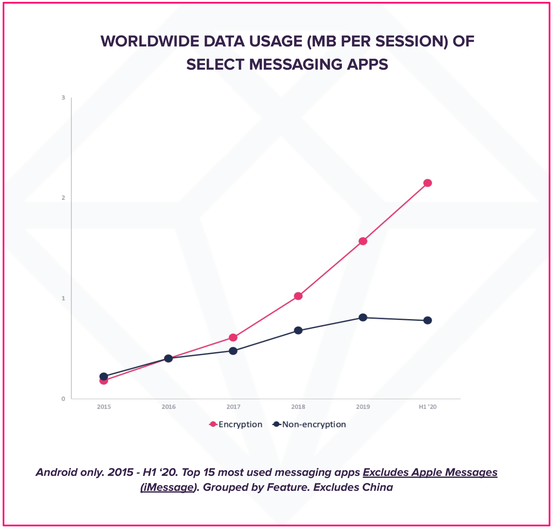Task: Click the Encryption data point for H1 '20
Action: pos(427,183)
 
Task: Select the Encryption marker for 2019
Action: pos(363,241)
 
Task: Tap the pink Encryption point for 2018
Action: pos(298,296)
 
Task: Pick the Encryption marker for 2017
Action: pos(233,337)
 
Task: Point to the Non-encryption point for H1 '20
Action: pos(427,320)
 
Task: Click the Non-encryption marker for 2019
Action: pos(363,318)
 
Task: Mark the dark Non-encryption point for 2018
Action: pos(298,330)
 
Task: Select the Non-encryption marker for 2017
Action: pos(233,351)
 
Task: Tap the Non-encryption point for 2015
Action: pos(104,377)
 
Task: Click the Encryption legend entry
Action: pos(236,425)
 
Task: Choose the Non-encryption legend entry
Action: pos(309,425)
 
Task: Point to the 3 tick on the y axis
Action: pos(63,98)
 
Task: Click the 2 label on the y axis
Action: pos(63,198)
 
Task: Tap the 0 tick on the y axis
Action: pos(63,399)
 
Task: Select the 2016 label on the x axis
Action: pos(169,407)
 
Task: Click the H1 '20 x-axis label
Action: pos(427,407)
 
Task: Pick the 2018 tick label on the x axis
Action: pos(298,407)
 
